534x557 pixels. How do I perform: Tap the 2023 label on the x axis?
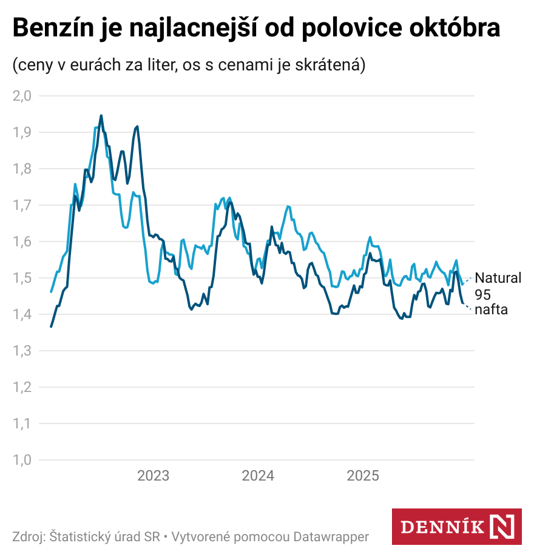pyautogui.click(x=154, y=476)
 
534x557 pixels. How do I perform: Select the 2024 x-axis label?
pyautogui.click(x=258, y=476)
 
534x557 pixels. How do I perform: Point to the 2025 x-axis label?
pyautogui.click(x=363, y=476)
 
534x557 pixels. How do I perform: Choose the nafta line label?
pyautogui.click(x=492, y=310)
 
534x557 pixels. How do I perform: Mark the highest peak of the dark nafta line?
pyautogui.click(x=101, y=115)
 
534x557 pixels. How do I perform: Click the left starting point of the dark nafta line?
pyautogui.click(x=51, y=326)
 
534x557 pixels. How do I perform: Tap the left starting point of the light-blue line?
pyautogui.click(x=51, y=291)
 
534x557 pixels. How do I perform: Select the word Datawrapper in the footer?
pyautogui.click(x=331, y=537)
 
